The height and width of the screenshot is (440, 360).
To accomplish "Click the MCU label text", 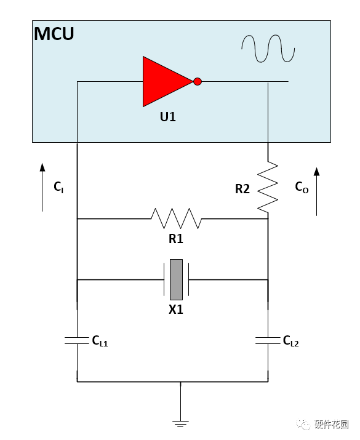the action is tap(54, 34).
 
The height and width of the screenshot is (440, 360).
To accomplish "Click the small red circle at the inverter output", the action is tap(198, 81).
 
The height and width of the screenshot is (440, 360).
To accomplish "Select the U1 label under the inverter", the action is tap(168, 117).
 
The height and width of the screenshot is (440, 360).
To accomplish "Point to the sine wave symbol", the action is tap(268, 48).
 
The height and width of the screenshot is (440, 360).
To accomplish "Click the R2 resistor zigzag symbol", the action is tap(268, 187).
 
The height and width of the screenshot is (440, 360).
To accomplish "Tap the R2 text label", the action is tap(242, 189).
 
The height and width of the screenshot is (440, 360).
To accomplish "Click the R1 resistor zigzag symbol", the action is tap(176, 218).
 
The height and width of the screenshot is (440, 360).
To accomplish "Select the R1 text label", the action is tap(176, 239).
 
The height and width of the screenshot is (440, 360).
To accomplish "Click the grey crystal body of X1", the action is tap(176, 279).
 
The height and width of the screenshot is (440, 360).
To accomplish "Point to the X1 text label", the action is tap(176, 310).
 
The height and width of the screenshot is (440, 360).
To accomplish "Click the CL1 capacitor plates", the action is tap(76, 341).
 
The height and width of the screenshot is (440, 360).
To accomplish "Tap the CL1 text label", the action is tap(100, 341).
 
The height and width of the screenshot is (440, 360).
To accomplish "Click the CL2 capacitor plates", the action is tap(268, 341).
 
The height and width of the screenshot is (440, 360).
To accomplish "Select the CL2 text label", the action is tap(290, 341).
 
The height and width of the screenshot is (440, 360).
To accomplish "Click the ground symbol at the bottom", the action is tap(180, 424).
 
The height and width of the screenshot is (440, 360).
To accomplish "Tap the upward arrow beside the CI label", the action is tap(42, 187).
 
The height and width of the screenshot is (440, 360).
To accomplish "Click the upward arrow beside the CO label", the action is tap(317, 191).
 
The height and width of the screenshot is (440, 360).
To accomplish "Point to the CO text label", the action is tap(302, 187).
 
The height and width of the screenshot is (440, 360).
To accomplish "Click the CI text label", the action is tap(58, 187).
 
